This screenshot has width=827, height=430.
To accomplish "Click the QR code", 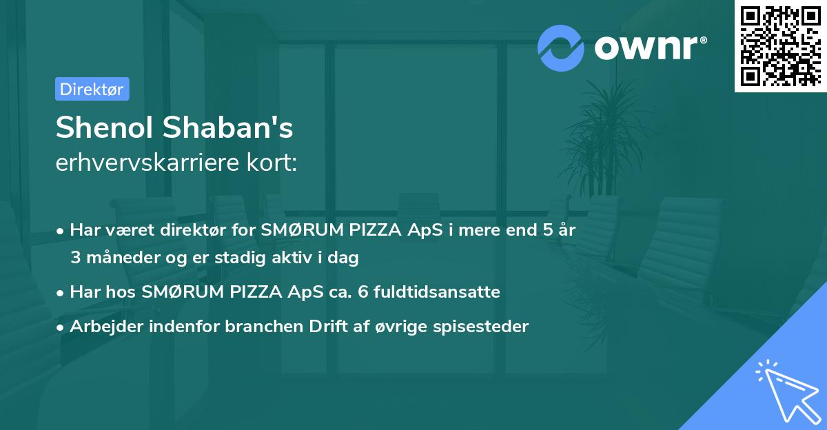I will click(x=781, y=46).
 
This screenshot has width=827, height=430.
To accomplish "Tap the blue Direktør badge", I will click(x=92, y=89).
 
